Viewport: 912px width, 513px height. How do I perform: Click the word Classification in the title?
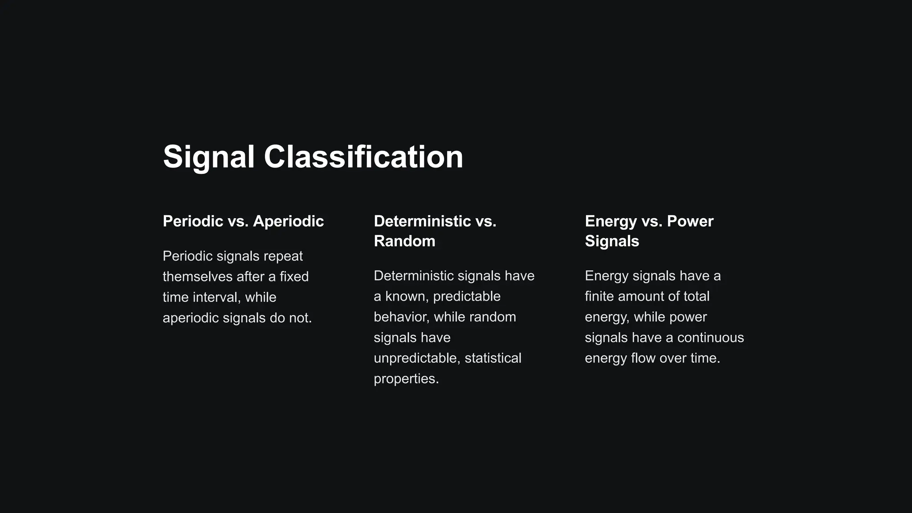(x=363, y=157)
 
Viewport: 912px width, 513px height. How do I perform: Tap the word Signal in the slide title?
(x=209, y=157)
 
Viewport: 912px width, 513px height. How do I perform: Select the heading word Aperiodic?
(x=288, y=221)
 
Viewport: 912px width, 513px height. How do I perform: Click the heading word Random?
(x=404, y=241)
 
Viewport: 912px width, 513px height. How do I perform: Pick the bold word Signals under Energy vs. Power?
(x=612, y=241)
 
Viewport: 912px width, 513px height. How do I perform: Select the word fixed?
(x=294, y=277)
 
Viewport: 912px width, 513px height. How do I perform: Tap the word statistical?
(x=493, y=358)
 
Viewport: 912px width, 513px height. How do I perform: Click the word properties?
(x=406, y=379)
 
